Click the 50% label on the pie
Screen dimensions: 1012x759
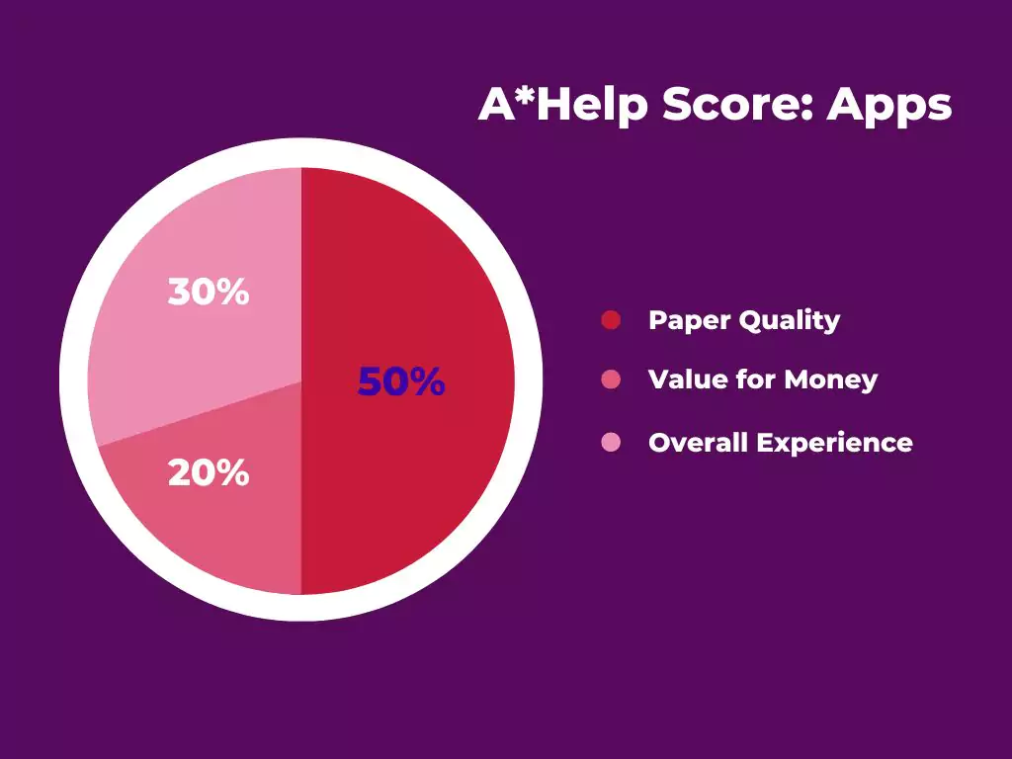click(401, 381)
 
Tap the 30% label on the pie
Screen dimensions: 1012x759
click(209, 292)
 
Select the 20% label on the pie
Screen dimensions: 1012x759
click(209, 473)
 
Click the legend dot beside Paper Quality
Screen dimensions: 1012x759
click(611, 319)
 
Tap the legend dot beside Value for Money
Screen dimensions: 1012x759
click(611, 379)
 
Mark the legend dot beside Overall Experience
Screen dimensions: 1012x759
click(611, 442)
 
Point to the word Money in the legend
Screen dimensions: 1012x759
click(830, 380)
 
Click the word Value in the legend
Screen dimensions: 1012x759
click(688, 379)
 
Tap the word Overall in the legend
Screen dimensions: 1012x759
click(698, 442)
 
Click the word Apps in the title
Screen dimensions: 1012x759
click(889, 106)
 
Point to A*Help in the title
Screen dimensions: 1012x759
click(562, 105)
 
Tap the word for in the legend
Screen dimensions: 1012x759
click(756, 379)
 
